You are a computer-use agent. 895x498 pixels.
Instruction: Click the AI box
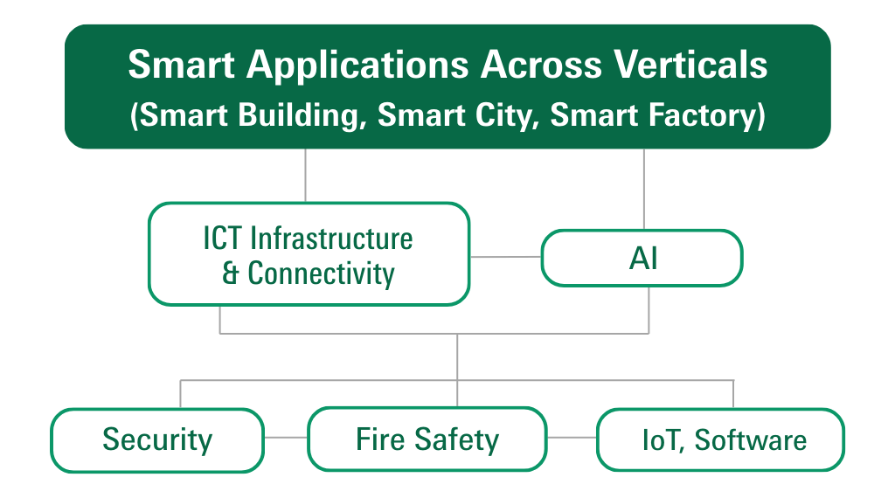[642, 258]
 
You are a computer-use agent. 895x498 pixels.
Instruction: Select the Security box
[157, 439]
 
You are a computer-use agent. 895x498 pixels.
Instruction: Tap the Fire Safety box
[427, 439]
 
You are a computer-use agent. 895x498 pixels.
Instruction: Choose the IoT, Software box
[720, 439]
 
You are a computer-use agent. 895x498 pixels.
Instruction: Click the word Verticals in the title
[690, 64]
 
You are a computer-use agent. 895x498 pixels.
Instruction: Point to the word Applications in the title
[357, 66]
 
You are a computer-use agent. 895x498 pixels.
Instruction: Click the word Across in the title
[541, 65]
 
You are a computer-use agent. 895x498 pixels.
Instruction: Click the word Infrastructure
[331, 239]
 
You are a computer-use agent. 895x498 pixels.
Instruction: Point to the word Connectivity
[322, 273]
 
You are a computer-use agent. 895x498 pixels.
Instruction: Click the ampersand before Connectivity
[230, 273]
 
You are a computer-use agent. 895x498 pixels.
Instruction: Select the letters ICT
[223, 239]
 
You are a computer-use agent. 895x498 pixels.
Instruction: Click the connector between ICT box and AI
[505, 257]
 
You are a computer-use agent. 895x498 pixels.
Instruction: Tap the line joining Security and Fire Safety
[286, 438]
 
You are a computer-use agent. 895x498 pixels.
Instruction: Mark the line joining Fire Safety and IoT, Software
[572, 438]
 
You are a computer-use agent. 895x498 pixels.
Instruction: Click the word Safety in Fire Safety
[456, 439]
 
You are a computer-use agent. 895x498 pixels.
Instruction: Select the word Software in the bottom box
[751, 439]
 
